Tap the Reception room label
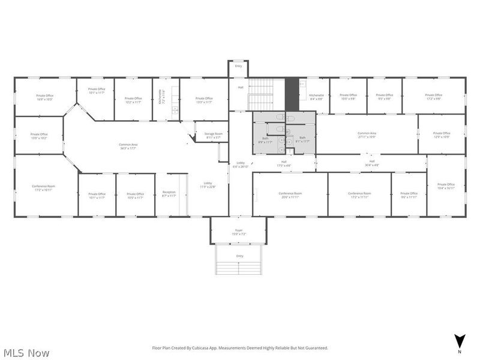pyautogui.click(x=169, y=194)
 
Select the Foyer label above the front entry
pyautogui.click(x=238, y=233)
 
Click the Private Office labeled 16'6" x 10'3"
pyautogui.click(x=44, y=97)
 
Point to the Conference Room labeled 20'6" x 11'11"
pyautogui.click(x=290, y=194)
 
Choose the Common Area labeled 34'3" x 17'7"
pyautogui.click(x=128, y=146)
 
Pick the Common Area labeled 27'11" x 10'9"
pyautogui.click(x=367, y=135)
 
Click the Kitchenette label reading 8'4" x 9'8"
pyautogui.click(x=316, y=97)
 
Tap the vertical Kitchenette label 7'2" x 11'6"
pyautogui.click(x=161, y=97)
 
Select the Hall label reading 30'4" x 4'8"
pyautogui.click(x=371, y=163)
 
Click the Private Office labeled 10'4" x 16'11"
pyautogui.click(x=446, y=186)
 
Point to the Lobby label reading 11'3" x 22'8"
pyautogui.click(x=208, y=184)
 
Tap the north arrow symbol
pyautogui.click(x=459, y=340)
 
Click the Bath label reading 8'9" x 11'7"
pyautogui.click(x=265, y=140)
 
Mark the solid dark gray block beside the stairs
pyautogui.click(x=292, y=94)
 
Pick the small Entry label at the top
pyautogui.click(x=238, y=66)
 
